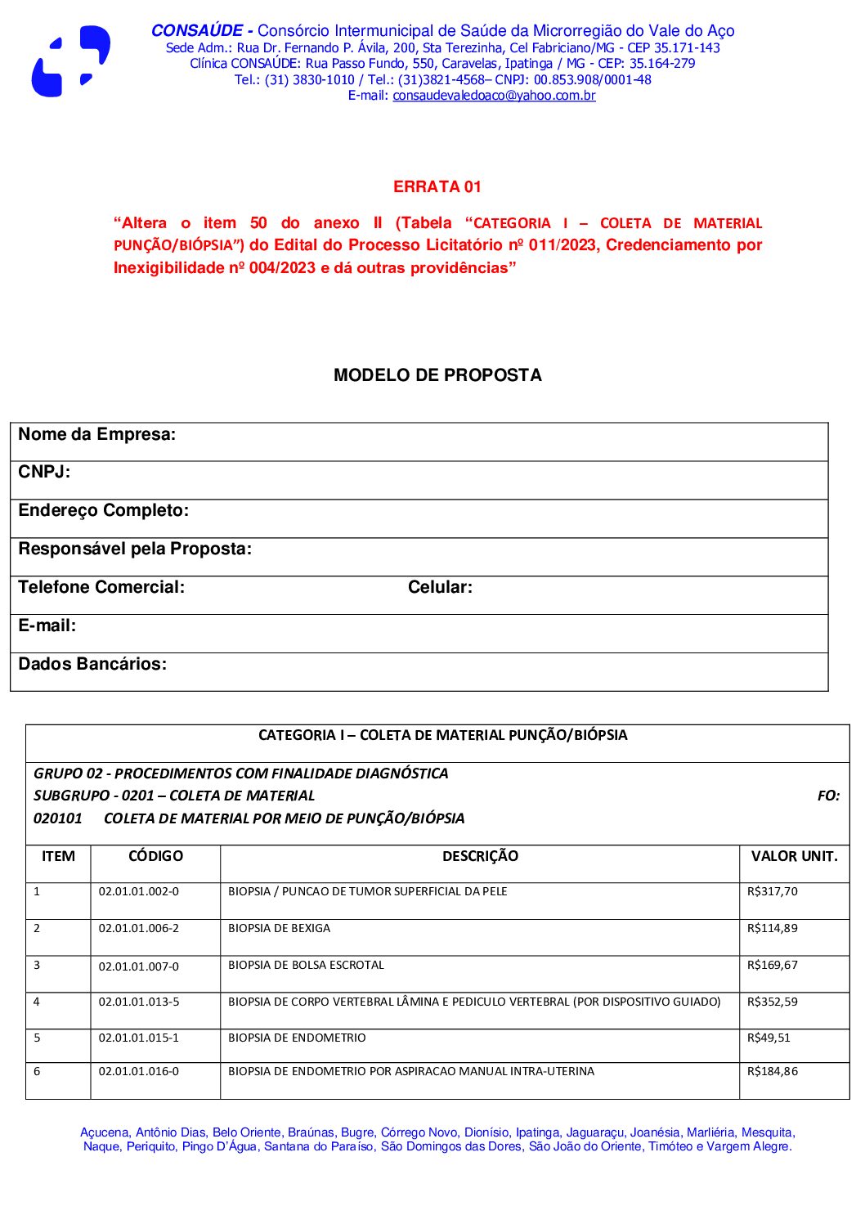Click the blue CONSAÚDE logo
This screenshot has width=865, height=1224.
click(x=70, y=62)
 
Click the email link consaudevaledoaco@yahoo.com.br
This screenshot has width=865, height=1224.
click(x=494, y=96)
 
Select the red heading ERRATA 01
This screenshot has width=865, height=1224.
click(x=437, y=187)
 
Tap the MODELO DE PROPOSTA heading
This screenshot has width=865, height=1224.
click(x=437, y=375)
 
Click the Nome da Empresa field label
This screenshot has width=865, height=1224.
click(x=97, y=435)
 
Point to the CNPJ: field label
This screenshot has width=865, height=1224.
click(x=44, y=473)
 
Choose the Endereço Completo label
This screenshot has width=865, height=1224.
click(x=104, y=511)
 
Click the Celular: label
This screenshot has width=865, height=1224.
click(x=440, y=588)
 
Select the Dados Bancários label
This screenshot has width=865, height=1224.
click(x=92, y=665)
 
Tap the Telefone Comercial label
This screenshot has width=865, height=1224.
click(x=101, y=588)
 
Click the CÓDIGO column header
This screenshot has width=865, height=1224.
click(x=155, y=857)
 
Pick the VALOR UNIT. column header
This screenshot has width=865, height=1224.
click(x=794, y=857)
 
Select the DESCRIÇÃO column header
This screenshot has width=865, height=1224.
click(x=480, y=857)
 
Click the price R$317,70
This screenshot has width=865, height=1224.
click(x=772, y=892)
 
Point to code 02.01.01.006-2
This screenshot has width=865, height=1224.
click(x=139, y=929)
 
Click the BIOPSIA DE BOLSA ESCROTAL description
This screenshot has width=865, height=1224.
click(x=306, y=966)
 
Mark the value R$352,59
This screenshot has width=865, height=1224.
click(x=772, y=1002)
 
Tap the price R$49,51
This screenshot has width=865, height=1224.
click(x=769, y=1038)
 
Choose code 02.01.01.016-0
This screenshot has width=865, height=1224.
click(x=139, y=1072)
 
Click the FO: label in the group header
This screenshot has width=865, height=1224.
click(x=828, y=796)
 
